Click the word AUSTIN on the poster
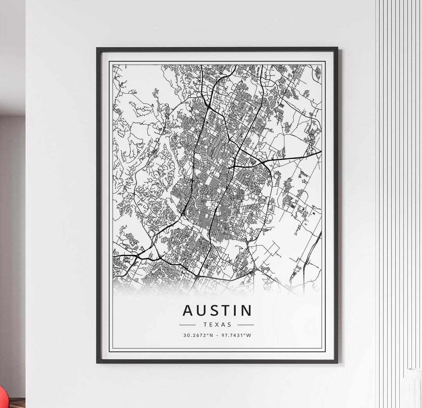[217, 310]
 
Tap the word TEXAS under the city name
[217, 325]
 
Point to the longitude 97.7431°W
[236, 335]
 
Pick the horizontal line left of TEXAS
[188, 325]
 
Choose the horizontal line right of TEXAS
[246, 325]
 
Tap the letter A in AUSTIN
[188, 310]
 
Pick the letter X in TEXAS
[217, 325]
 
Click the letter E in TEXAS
[211, 325]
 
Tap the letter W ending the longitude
[249, 335]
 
